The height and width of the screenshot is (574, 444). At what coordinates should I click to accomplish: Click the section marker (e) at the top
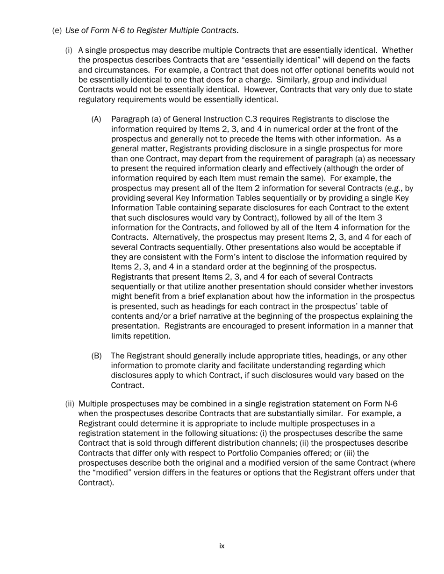(x=57, y=31)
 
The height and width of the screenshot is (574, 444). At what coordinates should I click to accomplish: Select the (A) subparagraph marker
(x=96, y=119)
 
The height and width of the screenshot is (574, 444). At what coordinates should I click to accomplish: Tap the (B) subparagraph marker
(x=96, y=356)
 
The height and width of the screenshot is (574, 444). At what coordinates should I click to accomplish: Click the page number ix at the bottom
(x=222, y=546)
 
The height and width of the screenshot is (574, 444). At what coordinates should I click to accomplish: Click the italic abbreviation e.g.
(x=386, y=188)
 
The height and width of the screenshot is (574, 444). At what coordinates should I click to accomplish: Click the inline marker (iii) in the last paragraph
(x=349, y=453)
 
